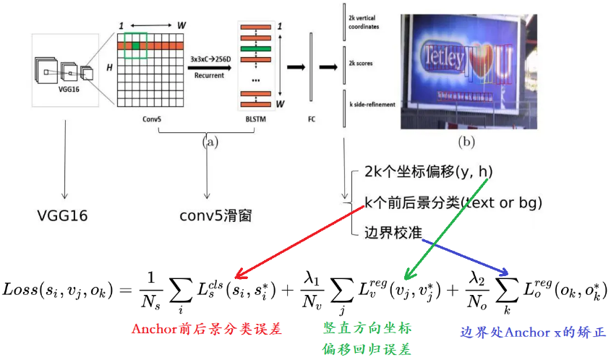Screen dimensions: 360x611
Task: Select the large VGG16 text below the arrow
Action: tap(66, 215)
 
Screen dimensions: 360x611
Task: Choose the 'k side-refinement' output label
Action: tap(371, 105)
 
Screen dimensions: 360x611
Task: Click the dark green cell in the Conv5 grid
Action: tap(136, 46)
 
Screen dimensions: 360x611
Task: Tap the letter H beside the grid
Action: tap(109, 67)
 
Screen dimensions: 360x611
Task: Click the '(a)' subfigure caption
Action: tap(210, 141)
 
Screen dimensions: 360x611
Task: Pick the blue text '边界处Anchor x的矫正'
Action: tap(534, 333)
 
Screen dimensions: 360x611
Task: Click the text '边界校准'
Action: tap(394, 231)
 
